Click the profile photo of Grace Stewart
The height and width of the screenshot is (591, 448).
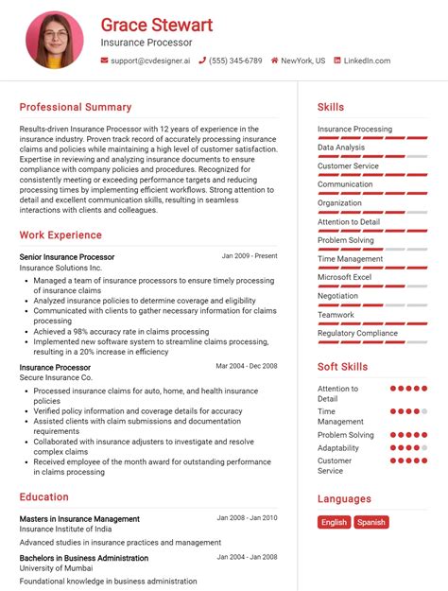click(x=55, y=40)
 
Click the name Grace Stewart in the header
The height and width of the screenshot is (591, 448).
click(x=157, y=25)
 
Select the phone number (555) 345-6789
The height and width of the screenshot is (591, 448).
click(x=236, y=61)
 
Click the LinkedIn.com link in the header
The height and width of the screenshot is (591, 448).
click(x=367, y=61)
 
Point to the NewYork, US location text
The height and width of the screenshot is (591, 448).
click(x=302, y=61)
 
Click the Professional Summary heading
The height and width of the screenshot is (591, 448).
click(x=76, y=107)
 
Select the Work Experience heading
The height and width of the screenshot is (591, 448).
click(x=60, y=235)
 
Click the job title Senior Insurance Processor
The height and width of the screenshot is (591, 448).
click(x=67, y=256)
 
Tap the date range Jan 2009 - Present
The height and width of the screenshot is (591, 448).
click(x=250, y=256)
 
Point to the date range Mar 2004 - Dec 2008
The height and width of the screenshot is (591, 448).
click(x=247, y=366)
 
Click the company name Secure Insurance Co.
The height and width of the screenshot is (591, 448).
click(x=57, y=377)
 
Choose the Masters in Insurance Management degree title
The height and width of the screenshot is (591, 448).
click(x=79, y=518)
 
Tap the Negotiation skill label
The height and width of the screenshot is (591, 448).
click(x=338, y=295)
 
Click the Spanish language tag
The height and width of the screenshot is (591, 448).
click(x=371, y=522)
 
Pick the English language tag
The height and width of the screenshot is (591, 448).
click(x=334, y=522)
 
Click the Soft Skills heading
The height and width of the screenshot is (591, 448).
click(x=343, y=367)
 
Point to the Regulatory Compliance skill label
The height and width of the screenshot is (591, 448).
click(x=358, y=333)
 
